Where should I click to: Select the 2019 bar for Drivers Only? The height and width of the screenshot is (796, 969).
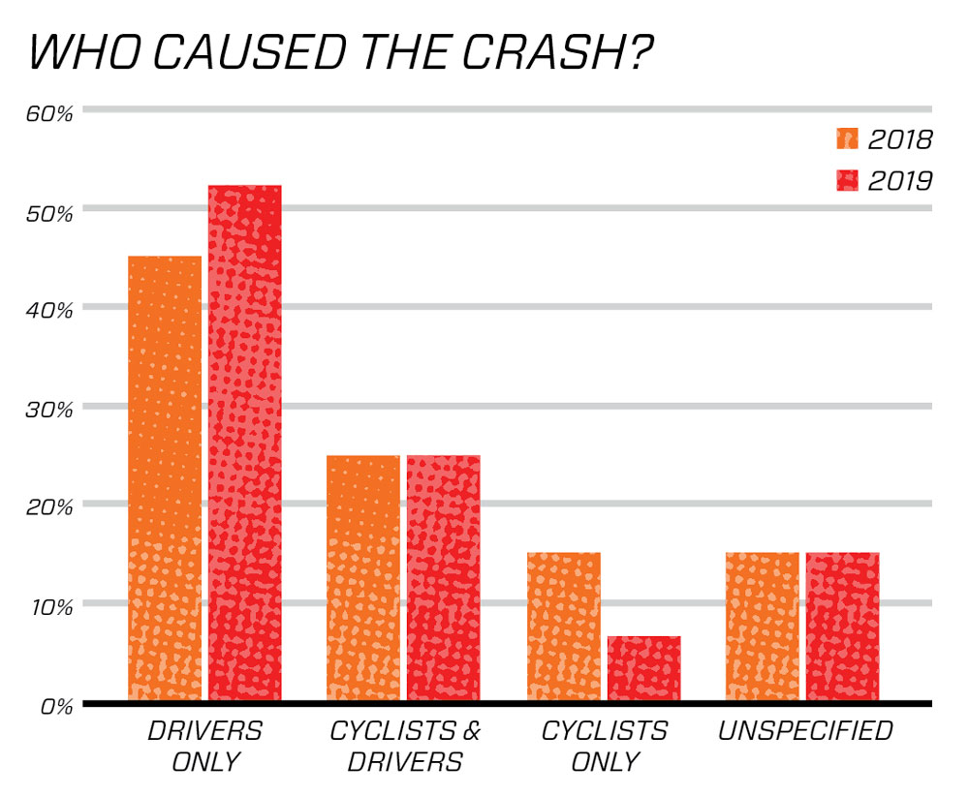click(245, 443)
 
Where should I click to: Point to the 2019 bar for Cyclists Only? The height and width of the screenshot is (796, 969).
click(643, 668)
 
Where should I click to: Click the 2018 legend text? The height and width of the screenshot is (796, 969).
click(899, 140)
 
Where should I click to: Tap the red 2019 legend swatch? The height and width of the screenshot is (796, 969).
click(848, 180)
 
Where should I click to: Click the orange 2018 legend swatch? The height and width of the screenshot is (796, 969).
click(848, 140)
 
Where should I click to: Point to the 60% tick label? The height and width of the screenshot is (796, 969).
click(50, 113)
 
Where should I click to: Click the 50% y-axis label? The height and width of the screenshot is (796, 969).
click(50, 212)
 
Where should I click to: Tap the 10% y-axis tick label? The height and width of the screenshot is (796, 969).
click(50, 607)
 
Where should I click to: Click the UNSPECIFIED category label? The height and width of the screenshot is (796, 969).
click(804, 731)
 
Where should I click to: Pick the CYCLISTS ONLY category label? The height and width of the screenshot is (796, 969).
click(604, 746)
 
